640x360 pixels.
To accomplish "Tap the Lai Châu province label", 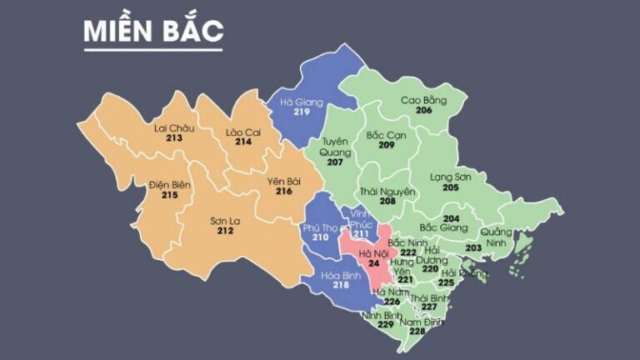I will click(173, 127).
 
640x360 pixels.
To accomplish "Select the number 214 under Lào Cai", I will click(243, 142).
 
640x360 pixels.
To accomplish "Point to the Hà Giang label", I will click(301, 102).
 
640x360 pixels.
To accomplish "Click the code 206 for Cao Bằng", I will click(424, 110).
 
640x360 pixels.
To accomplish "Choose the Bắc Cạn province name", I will click(386, 134).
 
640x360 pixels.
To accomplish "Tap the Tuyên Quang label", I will click(335, 147).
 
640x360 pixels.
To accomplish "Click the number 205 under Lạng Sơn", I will click(450, 187).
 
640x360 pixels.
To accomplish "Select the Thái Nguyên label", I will click(387, 192).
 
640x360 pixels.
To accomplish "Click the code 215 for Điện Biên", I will click(170, 195).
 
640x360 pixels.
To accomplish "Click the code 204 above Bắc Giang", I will click(451, 218).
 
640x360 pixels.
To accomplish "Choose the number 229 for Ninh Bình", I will click(385, 325).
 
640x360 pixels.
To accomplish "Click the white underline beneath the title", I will click(152, 49).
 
